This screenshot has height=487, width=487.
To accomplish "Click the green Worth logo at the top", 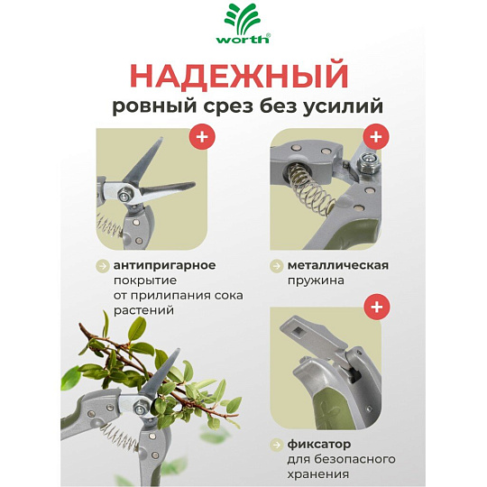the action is [243, 24].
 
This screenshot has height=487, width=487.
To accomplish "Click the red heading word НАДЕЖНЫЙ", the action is [240, 76].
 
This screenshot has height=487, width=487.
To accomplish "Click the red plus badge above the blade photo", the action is [202, 136].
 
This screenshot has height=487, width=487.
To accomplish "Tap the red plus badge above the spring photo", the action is [376, 136].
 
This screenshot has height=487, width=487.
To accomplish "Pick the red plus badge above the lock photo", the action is [377, 307].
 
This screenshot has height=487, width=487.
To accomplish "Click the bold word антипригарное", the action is [165, 265].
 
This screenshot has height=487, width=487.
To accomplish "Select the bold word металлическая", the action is [338, 265].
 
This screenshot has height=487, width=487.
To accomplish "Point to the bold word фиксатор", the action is [319, 445].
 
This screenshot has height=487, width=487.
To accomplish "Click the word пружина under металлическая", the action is [316, 280].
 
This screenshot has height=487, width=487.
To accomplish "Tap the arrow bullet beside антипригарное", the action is [102, 266].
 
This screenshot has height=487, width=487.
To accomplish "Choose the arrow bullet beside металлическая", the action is [276, 266].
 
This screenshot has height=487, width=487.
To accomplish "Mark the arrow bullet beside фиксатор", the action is [276, 445].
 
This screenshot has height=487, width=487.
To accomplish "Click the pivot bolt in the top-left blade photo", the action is [125, 196].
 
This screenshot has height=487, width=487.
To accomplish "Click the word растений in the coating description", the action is [143, 310].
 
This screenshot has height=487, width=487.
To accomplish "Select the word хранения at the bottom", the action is [317, 474].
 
